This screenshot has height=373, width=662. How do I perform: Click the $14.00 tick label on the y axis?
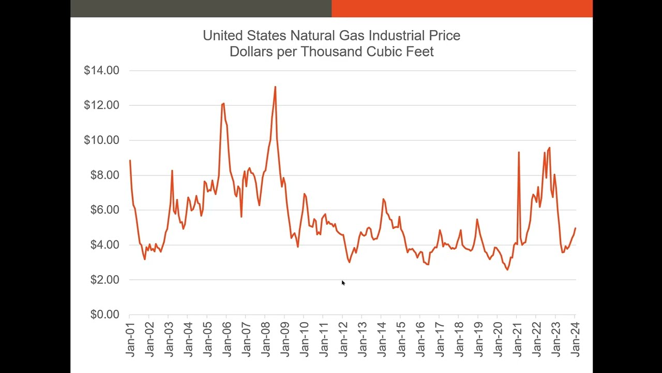click(101, 70)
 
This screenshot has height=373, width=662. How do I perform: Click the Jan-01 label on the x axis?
click(130, 339)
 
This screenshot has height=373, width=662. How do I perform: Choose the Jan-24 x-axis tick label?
click(575, 339)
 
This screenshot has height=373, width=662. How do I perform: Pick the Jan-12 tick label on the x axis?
click(343, 339)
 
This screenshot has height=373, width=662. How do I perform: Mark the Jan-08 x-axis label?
click(265, 339)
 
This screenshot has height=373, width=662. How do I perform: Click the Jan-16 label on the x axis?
click(420, 339)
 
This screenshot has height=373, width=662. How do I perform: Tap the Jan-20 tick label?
click(498, 339)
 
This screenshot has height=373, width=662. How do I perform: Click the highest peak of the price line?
click(275, 87)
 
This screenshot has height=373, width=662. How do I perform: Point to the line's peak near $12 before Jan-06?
click(223, 104)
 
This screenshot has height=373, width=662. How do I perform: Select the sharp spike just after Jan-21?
click(519, 152)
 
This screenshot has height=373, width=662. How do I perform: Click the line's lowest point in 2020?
click(507, 269)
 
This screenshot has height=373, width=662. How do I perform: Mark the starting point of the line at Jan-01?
click(130, 161)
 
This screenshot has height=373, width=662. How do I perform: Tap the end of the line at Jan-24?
click(575, 228)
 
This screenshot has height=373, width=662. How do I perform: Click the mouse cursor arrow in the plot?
click(343, 283)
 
